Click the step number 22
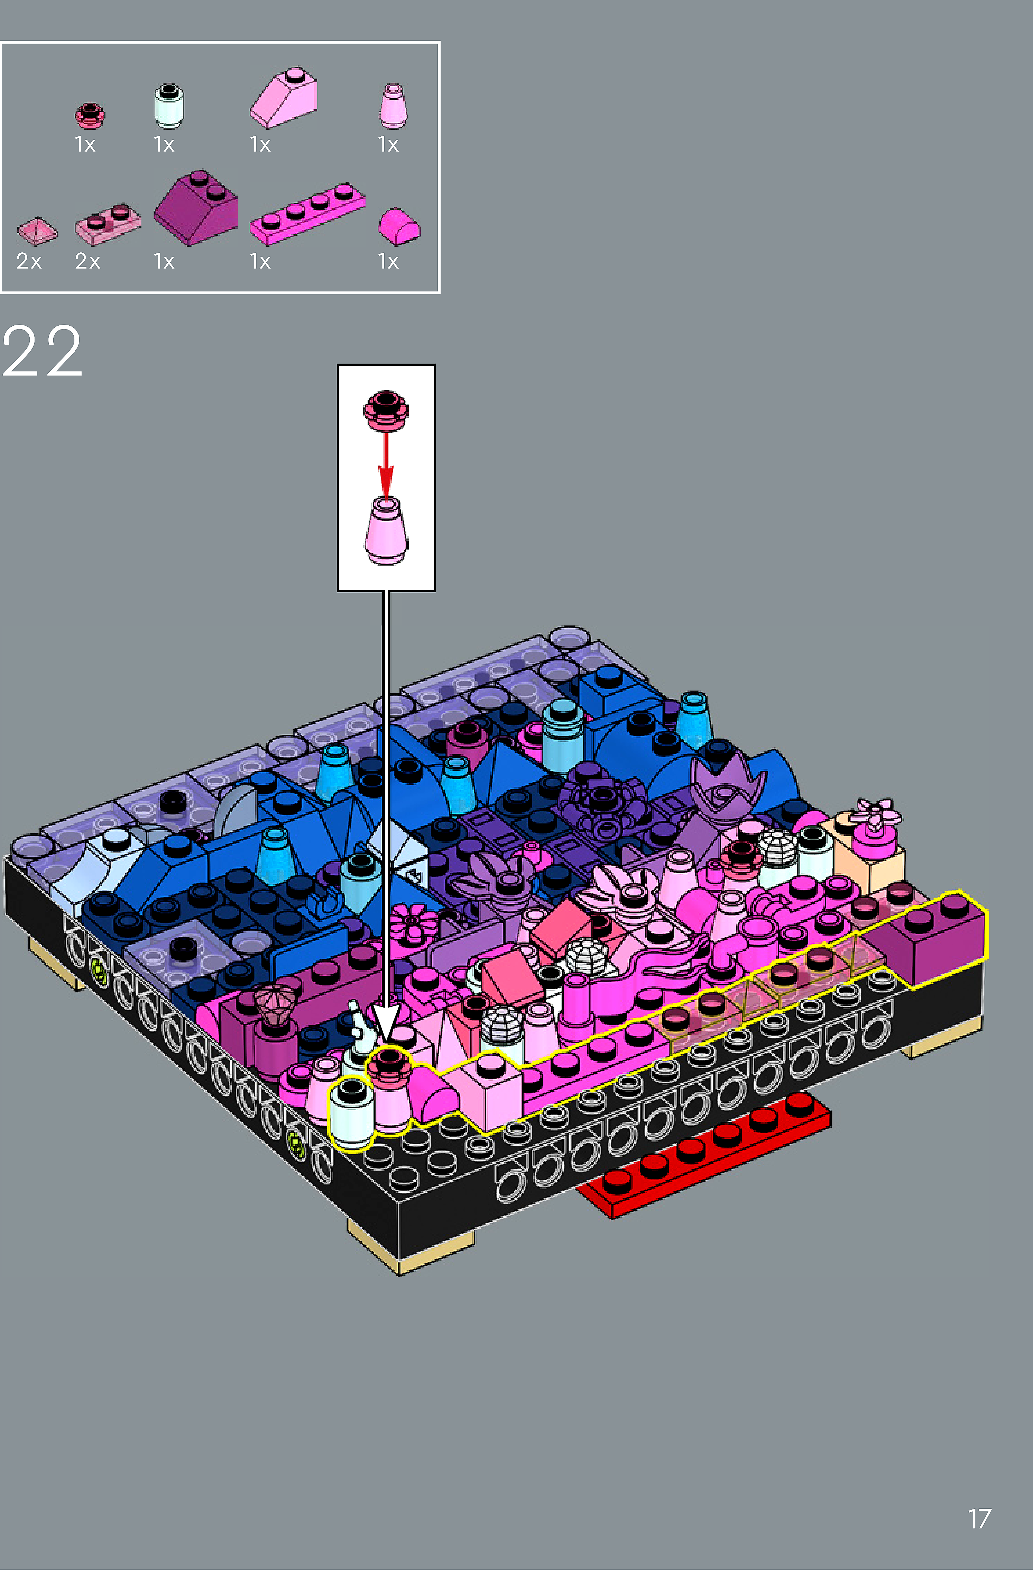click(x=42, y=352)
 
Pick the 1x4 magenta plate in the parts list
click(x=307, y=213)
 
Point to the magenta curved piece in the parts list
click(x=399, y=226)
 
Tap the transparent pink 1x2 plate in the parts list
click(x=108, y=224)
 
